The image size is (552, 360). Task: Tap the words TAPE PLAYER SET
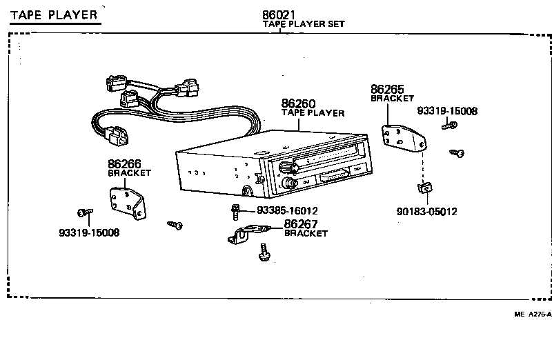pyautogui.click(x=304, y=24)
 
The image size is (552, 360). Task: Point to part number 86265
pyautogui.click(x=388, y=90)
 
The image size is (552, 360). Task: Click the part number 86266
pyautogui.click(x=125, y=164)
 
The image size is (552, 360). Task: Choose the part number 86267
pyautogui.click(x=302, y=224)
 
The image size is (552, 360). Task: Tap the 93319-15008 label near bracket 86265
pyautogui.click(x=447, y=111)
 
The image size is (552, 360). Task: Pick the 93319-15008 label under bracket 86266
pyautogui.click(x=89, y=232)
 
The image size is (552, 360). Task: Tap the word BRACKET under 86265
pyautogui.click(x=392, y=99)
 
